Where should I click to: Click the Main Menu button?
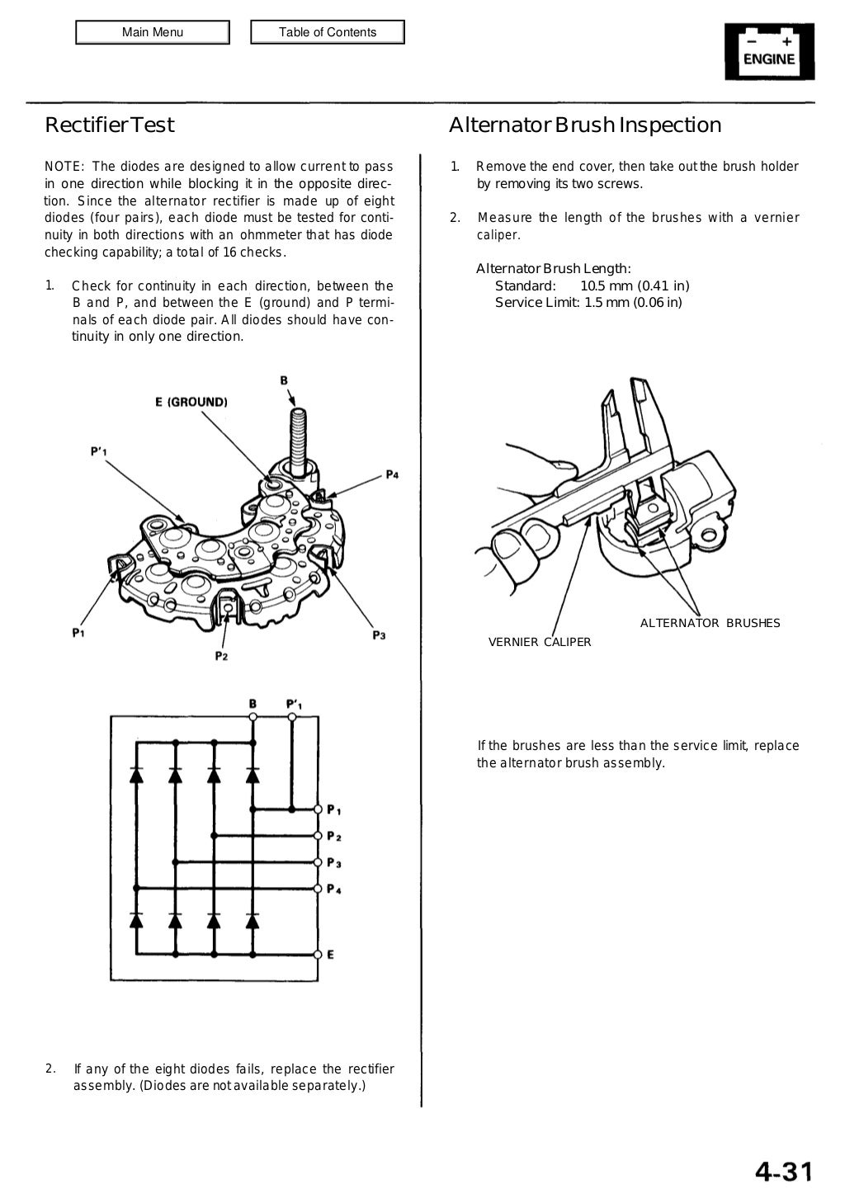pos(153,32)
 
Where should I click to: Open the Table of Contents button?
pos(327,32)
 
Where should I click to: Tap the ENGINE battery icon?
pos(769,52)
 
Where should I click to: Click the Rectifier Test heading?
pos(109,125)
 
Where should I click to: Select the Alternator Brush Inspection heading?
pos(584,125)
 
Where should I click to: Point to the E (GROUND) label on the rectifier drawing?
pos(191,403)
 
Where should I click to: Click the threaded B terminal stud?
pos(297,437)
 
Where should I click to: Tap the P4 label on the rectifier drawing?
pos(392,474)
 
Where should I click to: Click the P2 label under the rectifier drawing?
pos(221,656)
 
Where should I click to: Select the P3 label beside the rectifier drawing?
pos(379,635)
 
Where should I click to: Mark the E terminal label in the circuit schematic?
pos(330,955)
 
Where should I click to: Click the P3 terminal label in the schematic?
pos(334,862)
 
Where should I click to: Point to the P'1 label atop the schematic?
pos(294,704)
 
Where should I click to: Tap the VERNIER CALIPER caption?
pos(540,642)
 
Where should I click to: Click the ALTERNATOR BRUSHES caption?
pos(710,623)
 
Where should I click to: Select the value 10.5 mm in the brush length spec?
pos(606,286)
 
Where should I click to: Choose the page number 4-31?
pos(783,1172)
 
